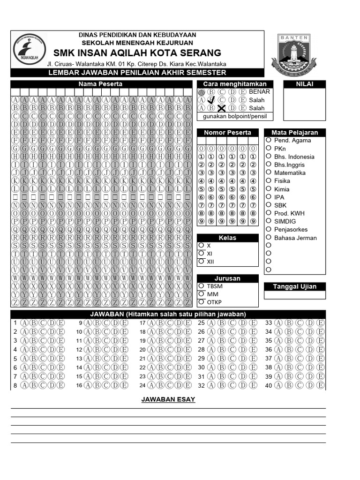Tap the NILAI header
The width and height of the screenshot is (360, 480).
coord(305,84)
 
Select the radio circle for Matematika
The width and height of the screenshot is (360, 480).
coord(269,172)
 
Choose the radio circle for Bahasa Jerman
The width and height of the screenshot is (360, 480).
coord(269,237)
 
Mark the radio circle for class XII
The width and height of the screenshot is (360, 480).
coord(201,261)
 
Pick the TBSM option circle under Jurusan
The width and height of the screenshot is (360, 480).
coord(201,285)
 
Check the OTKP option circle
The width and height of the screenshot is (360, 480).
coord(201,302)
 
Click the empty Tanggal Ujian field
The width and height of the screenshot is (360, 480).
coord(295,295)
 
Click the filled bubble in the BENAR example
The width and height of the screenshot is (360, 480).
coord(202,92)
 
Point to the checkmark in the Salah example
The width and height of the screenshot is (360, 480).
coord(211,100)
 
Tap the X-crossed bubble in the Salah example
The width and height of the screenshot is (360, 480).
coord(222,108)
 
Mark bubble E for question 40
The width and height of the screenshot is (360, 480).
coord(320,385)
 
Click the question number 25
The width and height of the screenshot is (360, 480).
coord(201,323)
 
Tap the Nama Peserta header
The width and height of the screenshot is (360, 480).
coord(100,84)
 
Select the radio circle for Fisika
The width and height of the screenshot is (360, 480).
coord(269,180)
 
